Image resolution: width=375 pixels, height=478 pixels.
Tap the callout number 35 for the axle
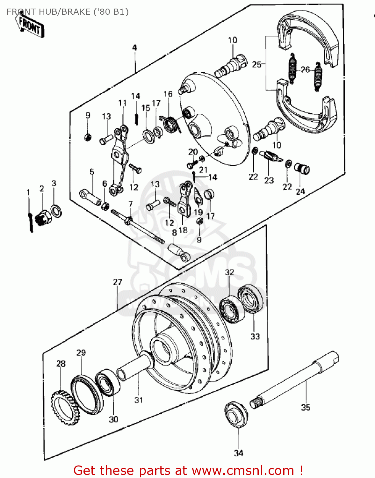[305, 407]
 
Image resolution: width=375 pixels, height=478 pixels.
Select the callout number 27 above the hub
[117, 282]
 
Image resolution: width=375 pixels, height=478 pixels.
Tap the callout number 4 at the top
[134, 47]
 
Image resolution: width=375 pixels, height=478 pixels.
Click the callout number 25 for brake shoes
[256, 64]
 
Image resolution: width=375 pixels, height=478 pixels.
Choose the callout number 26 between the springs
[305, 69]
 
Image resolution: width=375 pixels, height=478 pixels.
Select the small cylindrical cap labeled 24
[302, 169]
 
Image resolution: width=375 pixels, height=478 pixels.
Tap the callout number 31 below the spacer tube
[138, 400]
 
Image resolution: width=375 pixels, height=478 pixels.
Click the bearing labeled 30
[108, 382]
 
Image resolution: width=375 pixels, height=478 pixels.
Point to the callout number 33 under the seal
[255, 336]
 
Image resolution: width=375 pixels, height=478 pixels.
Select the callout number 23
[269, 180]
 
